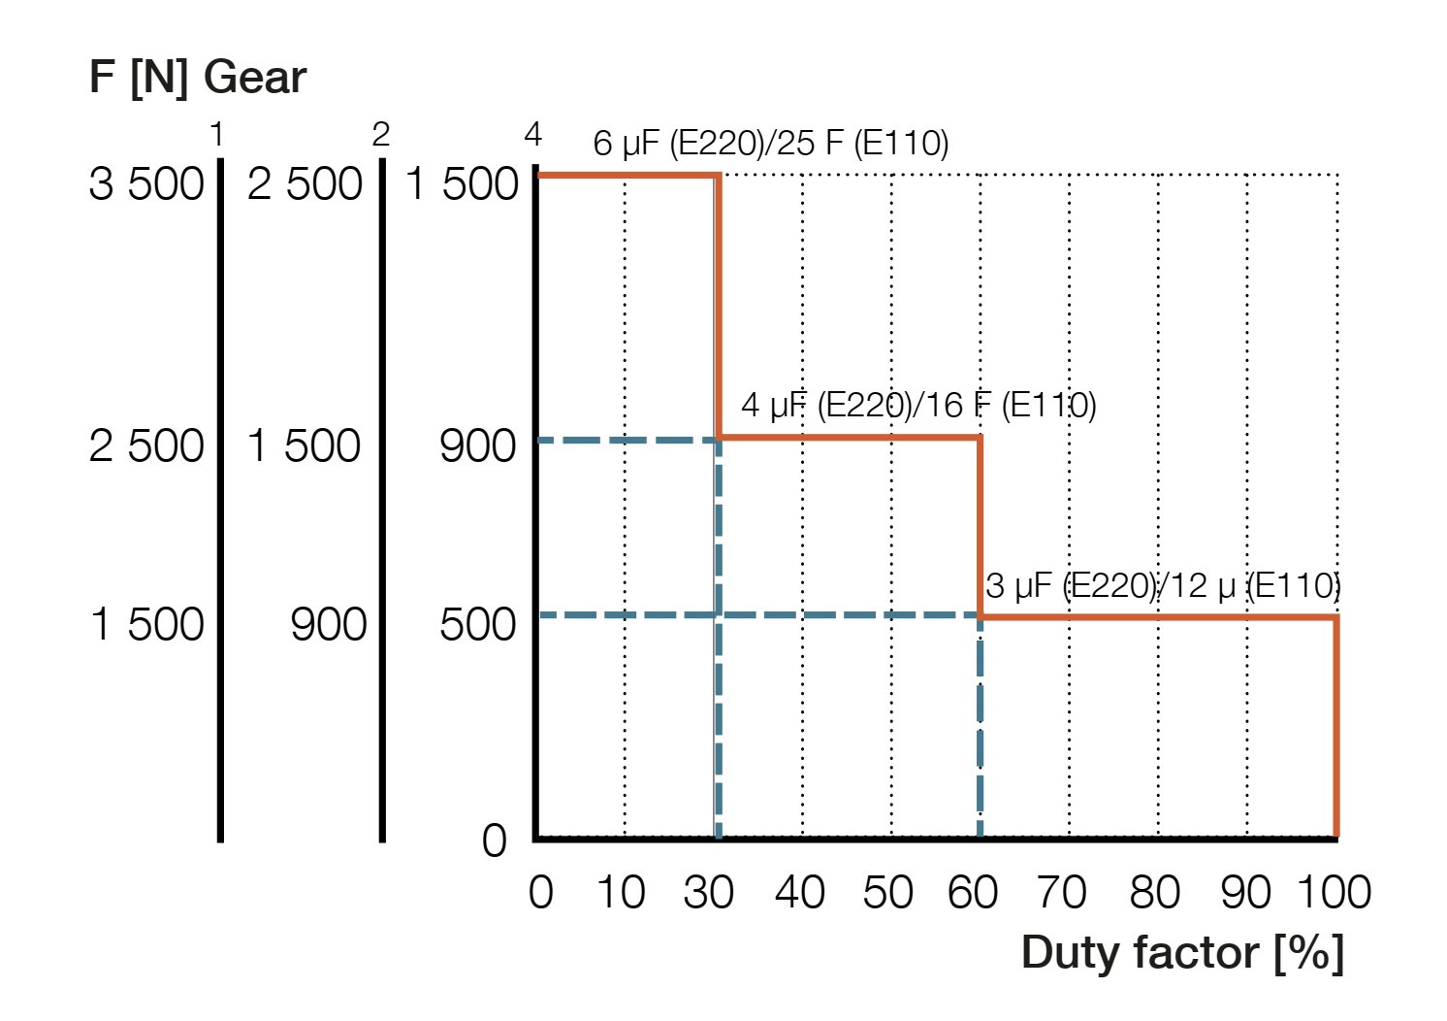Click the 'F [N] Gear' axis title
[198, 78]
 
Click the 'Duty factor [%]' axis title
[1182, 953]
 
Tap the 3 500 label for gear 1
[146, 184]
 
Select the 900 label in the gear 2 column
[329, 624]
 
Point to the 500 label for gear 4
[478, 624]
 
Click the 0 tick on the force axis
[495, 840]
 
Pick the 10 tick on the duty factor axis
[621, 893]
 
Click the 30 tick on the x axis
[709, 893]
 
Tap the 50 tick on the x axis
[887, 893]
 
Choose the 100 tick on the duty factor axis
[1334, 893]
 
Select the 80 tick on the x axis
[1154, 893]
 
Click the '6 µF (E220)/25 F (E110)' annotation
[771, 144]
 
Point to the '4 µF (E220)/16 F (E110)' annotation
[918, 405]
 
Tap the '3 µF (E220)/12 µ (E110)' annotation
[1163, 586]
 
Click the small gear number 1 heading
[216, 135]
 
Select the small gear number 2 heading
[380, 135]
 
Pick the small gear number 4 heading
[532, 135]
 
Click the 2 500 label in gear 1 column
[146, 446]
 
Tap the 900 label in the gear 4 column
[478, 446]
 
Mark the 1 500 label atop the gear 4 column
[463, 184]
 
